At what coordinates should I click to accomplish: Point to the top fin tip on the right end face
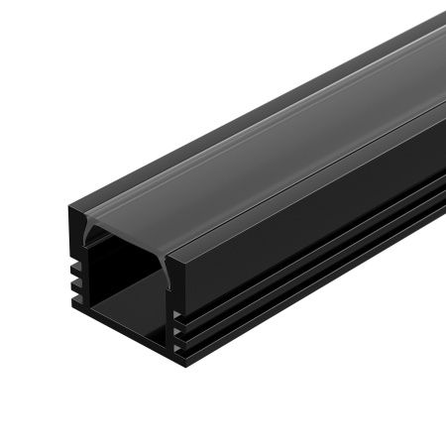click(x=177, y=318)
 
